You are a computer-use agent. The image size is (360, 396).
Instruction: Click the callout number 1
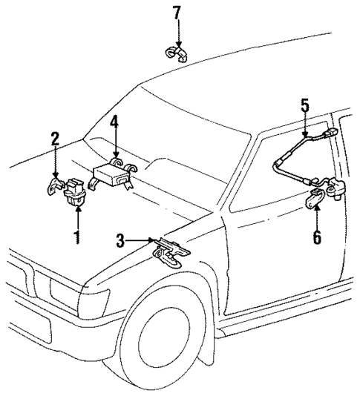click(x=75, y=239)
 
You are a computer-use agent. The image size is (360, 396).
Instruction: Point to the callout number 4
click(x=114, y=122)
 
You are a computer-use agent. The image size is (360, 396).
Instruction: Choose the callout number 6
click(x=318, y=238)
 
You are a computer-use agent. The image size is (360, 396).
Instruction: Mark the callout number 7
click(x=176, y=13)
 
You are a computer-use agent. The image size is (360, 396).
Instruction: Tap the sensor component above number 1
click(x=76, y=191)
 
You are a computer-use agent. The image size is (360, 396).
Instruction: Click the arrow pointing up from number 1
click(x=75, y=220)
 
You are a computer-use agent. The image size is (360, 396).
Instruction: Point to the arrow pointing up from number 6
click(x=318, y=218)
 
